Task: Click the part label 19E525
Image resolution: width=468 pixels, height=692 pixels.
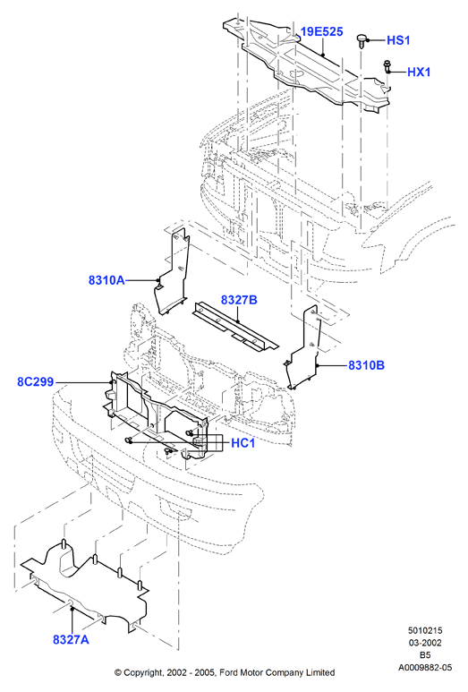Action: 321,31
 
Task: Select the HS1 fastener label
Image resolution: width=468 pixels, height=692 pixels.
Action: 398,40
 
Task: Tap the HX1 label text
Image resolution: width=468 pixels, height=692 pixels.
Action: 419,72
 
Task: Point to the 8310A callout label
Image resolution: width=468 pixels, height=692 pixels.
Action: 106,280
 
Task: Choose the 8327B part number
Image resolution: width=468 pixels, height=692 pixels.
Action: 239,300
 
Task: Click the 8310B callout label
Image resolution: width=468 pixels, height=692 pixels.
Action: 366,365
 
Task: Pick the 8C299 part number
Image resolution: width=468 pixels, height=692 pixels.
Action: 35,381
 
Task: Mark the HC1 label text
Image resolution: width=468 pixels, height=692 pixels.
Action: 243,442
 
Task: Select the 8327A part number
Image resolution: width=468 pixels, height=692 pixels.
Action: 71,639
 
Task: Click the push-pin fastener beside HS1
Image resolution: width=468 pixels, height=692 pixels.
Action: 362,40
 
